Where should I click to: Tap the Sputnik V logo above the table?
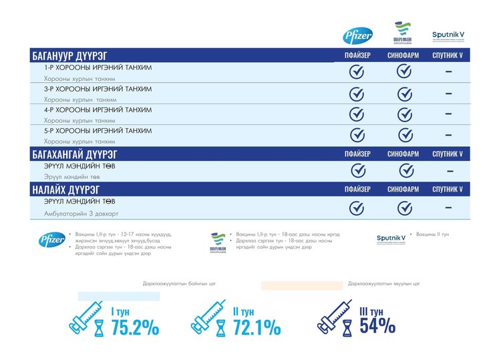pos(448,35)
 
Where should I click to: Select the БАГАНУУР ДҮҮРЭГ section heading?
pos(69,55)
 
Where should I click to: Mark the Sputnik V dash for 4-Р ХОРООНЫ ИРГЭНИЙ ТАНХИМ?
pos(448,114)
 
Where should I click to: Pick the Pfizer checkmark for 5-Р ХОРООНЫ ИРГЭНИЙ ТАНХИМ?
pos(357,135)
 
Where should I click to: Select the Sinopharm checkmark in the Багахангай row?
pos(404,170)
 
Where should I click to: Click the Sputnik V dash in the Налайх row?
pos(448,208)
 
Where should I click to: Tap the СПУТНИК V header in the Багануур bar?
pos(448,55)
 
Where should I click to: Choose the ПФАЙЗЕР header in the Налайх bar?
pos(357,189)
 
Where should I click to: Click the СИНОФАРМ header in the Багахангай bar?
pos(403,154)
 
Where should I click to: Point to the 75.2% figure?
pos(135,327)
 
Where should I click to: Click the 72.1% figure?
pos(257,327)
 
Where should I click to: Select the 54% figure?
pos(377,325)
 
